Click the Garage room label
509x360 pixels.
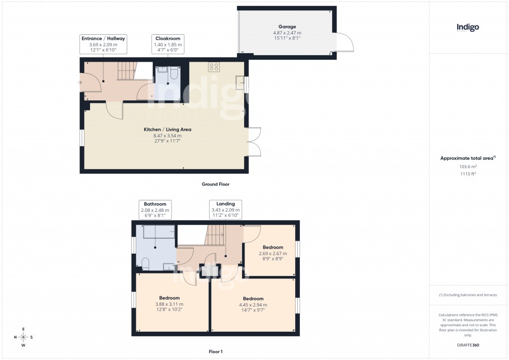pos(287,27)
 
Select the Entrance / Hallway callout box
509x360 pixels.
pos(103,44)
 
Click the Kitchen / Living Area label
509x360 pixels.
pos(168,129)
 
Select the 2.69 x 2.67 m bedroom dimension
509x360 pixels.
pos(273,254)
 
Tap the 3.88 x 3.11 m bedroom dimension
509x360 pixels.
pos(169,304)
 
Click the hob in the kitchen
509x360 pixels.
pos(214,67)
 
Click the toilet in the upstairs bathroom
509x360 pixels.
pos(146,263)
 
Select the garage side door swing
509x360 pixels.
pos(345,42)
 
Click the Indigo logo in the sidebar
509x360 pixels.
pos(468,28)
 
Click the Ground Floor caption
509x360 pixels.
pos(215,184)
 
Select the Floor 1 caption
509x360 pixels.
pos(216,351)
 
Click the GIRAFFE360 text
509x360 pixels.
pos(468,345)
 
